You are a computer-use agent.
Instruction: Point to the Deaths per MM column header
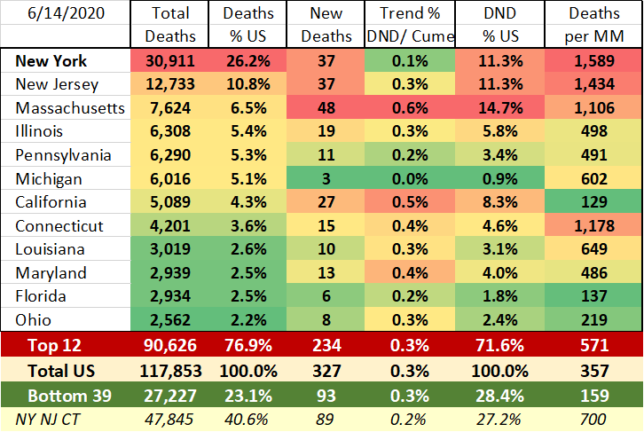pos(593,25)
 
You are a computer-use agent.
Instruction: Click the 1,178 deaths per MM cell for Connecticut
pos(593,226)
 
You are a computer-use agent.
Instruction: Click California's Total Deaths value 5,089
pos(171,203)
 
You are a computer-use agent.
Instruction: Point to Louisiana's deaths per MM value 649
pos(593,249)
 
